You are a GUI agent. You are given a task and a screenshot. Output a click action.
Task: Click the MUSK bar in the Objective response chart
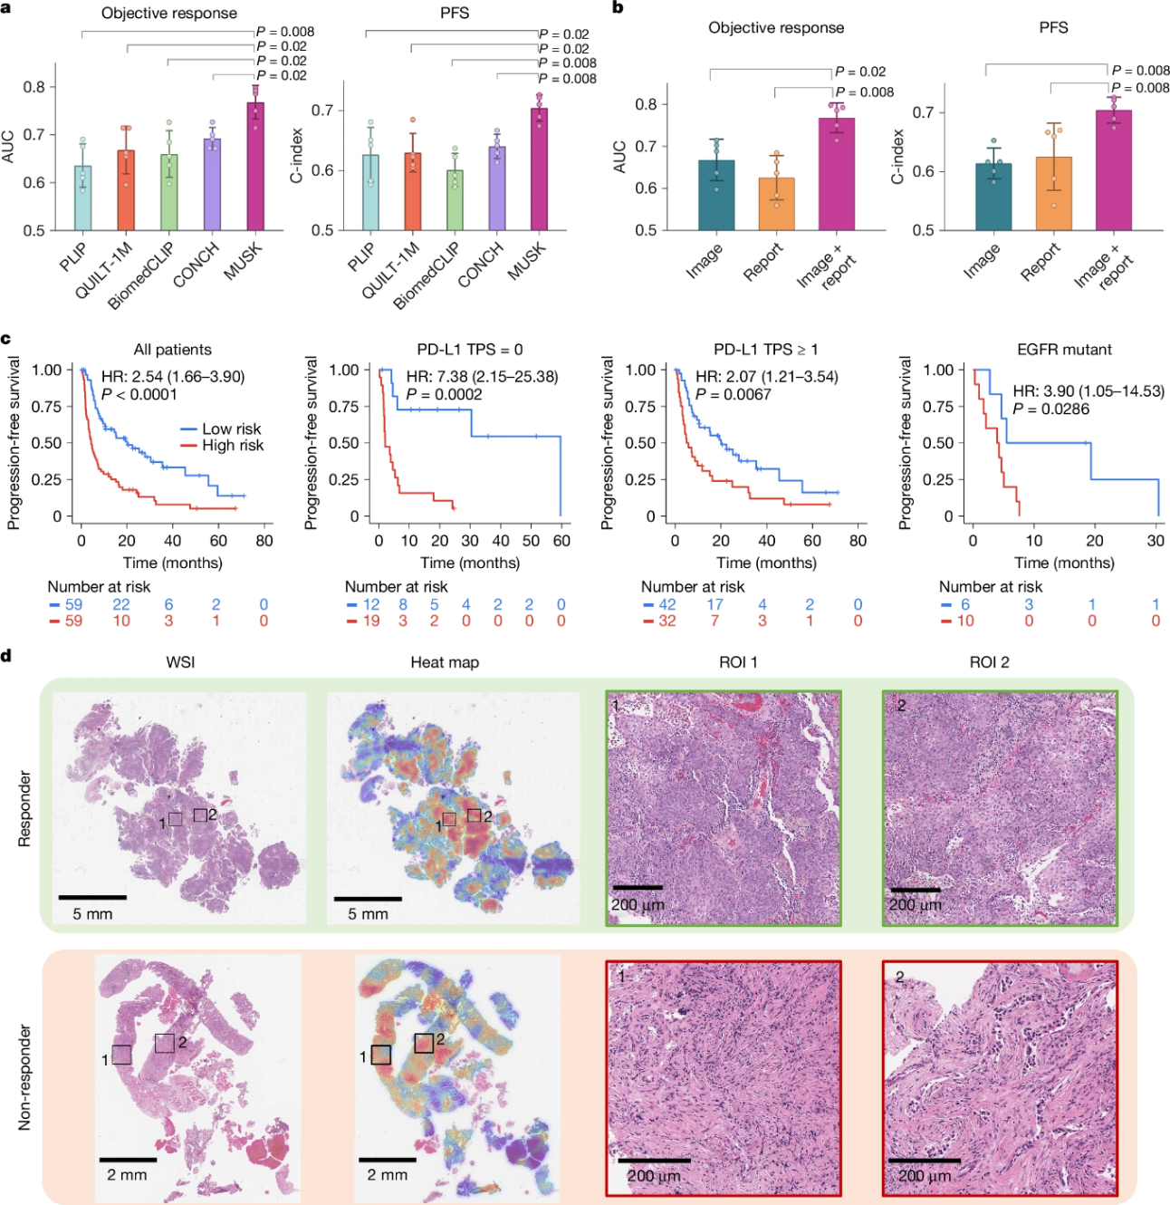click(255, 167)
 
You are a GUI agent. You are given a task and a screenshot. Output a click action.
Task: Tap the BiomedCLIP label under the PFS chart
click(427, 275)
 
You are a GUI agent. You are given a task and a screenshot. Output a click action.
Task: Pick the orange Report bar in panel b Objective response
click(776, 204)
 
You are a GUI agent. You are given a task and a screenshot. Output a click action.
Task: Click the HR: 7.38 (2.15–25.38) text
click(482, 377)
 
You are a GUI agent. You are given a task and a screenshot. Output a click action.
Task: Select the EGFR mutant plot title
click(1064, 350)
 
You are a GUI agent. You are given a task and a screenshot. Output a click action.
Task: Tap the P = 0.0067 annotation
click(734, 394)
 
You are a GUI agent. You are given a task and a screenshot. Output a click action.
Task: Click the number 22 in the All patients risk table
click(120, 604)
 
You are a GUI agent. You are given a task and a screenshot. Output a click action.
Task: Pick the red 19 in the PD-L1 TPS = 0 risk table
click(371, 621)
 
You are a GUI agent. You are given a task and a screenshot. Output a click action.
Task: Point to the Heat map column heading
click(445, 662)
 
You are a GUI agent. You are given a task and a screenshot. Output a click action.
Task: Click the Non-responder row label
click(25, 1077)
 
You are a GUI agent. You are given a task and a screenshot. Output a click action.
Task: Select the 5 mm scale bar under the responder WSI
click(92, 898)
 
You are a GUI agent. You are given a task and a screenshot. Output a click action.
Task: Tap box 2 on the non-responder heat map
click(423, 1043)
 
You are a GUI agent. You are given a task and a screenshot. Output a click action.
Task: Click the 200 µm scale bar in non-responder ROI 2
click(924, 1161)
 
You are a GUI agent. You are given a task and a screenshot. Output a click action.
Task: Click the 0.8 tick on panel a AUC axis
click(34, 87)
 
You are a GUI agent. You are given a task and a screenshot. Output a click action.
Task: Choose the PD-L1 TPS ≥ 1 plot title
click(766, 350)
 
